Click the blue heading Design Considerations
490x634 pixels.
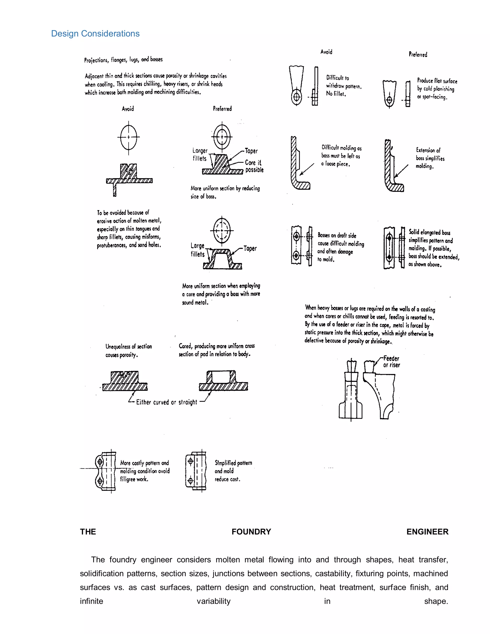(95, 34)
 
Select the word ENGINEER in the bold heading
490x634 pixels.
(427, 532)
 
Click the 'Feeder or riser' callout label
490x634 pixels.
(391, 362)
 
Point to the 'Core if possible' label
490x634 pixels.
(254, 166)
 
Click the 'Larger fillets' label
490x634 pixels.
(200, 155)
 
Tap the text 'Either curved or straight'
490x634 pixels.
(167, 402)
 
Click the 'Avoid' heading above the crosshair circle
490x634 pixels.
(128, 109)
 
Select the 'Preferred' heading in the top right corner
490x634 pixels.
(418, 55)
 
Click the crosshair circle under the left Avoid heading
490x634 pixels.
(128, 137)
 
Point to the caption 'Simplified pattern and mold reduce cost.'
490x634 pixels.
(233, 471)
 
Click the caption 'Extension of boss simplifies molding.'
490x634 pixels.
(430, 158)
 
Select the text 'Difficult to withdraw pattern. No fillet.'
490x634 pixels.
(343, 86)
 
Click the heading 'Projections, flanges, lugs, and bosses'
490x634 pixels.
(123, 60)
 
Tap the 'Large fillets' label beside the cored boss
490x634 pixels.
(198, 250)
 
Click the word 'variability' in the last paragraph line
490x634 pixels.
(213, 601)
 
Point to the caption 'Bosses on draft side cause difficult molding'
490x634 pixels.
(340, 247)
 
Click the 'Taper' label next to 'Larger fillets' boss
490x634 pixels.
(251, 151)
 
